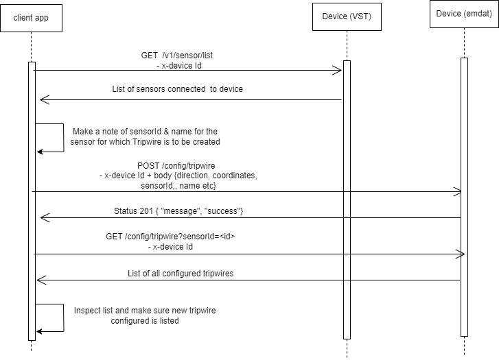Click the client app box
click(32, 17)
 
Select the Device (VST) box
click(346, 17)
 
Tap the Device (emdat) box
click(463, 14)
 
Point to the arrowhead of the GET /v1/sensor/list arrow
click(337, 70)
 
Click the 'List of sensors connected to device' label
click(177, 89)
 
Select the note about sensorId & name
click(144, 136)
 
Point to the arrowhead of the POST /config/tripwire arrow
click(457, 192)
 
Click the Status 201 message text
click(178, 211)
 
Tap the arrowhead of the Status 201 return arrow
click(45, 218)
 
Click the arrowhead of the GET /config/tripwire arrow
click(461, 254)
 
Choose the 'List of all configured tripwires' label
click(180, 273)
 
